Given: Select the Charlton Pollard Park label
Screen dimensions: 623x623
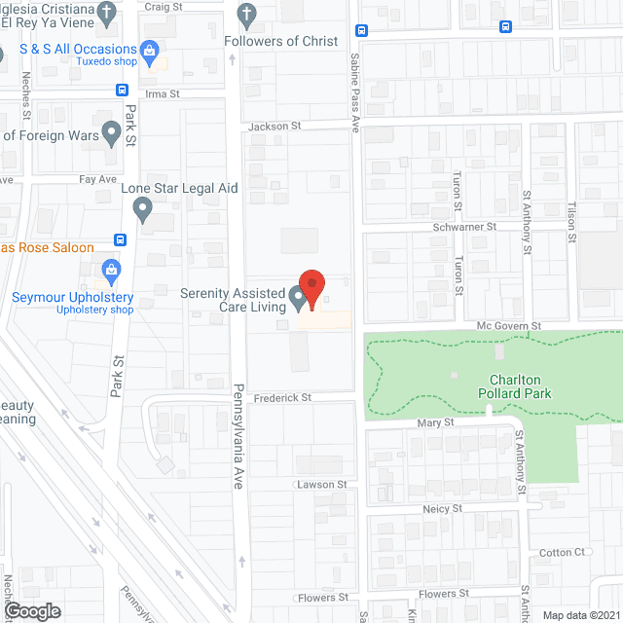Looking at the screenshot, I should (x=507, y=386).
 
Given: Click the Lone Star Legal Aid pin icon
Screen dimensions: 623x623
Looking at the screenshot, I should (x=143, y=208).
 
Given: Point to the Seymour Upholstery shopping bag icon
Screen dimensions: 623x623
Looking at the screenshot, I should (x=110, y=270).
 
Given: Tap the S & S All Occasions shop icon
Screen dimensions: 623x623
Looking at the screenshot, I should (x=149, y=49).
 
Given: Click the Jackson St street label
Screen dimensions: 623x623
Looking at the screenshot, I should (x=275, y=127).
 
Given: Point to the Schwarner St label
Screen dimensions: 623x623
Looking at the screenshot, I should (x=465, y=226).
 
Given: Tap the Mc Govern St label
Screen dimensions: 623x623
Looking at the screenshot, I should (x=508, y=325).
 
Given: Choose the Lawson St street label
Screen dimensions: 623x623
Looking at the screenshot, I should (x=322, y=484).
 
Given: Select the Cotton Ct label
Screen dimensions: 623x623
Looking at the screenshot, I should (x=562, y=553).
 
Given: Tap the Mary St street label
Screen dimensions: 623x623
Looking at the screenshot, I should (x=436, y=423).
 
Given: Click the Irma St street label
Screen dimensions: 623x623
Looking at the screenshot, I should (x=163, y=94).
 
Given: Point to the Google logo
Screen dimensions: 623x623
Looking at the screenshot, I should (x=32, y=610).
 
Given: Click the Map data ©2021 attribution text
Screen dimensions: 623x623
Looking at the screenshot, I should (x=579, y=615).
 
